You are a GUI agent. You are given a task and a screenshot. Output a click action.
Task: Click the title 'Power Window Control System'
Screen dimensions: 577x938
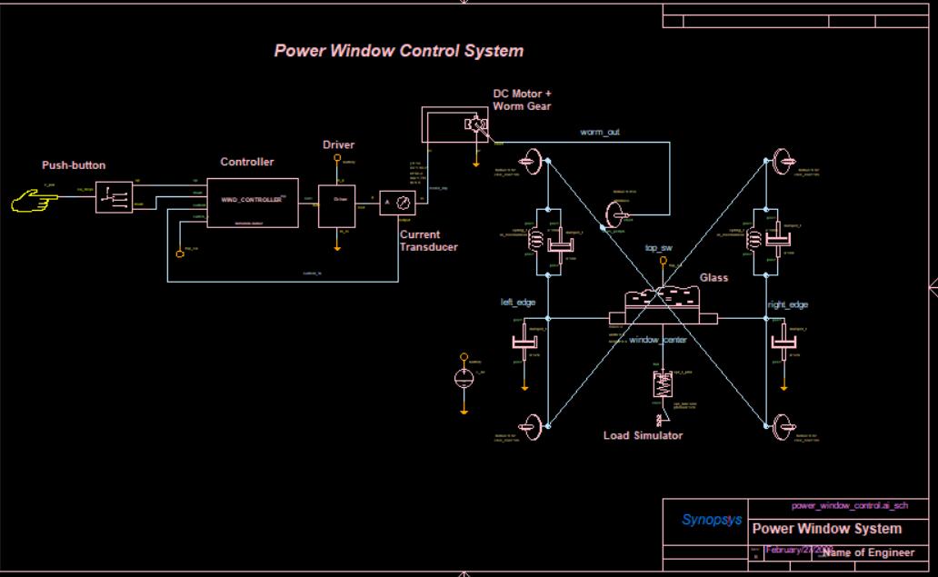[398, 51]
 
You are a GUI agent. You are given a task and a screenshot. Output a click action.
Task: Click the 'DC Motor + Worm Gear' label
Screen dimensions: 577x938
[522, 100]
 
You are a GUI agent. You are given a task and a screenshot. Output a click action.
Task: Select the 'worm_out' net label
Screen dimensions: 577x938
[600, 133]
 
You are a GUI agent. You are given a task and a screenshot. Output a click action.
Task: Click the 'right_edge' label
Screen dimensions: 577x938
[787, 305]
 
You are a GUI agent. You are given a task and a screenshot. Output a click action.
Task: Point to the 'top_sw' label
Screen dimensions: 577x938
[658, 248]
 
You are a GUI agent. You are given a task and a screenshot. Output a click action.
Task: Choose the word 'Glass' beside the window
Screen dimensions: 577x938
[713, 278]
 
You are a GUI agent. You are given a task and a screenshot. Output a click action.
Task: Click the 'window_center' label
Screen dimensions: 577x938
[658, 340]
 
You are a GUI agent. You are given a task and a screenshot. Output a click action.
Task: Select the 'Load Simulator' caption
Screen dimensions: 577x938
[643, 436]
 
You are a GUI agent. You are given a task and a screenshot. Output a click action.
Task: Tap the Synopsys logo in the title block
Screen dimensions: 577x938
[712, 521]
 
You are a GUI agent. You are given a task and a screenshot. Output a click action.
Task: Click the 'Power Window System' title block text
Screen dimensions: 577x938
[827, 529]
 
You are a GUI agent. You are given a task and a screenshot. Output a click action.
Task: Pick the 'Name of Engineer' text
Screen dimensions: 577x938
[868, 552]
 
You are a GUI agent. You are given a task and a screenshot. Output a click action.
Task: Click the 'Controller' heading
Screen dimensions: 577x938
[246, 163]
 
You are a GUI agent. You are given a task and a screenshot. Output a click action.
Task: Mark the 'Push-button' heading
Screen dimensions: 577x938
[74, 165]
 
